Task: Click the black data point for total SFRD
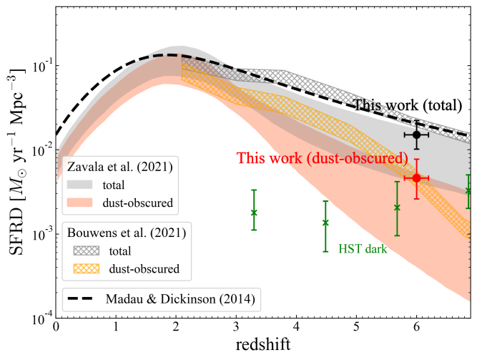[416, 135]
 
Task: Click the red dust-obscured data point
[416, 177]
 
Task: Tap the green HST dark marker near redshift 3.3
[254, 213]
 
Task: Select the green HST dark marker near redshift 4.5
[325, 223]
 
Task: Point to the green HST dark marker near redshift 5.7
[397, 208]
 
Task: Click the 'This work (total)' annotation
[407, 105]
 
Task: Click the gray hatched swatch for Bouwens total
[84, 251]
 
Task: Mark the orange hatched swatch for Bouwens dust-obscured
[84, 268]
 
